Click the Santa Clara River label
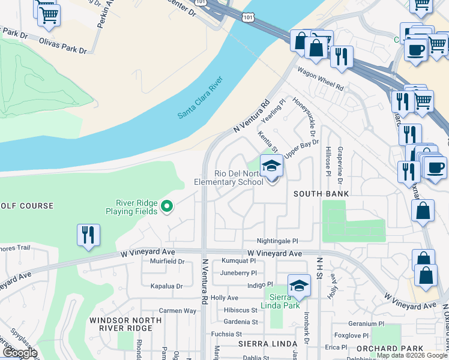200,98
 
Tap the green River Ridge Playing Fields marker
167,208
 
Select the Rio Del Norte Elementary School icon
271,165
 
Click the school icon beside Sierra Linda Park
299,286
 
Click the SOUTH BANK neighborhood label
321,194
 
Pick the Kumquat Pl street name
238,261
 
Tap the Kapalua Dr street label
166,286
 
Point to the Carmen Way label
178,311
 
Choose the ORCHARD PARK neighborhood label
385,349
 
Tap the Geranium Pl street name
366,323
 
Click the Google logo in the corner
20,352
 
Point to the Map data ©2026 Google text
412,355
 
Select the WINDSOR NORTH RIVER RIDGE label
125,325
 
